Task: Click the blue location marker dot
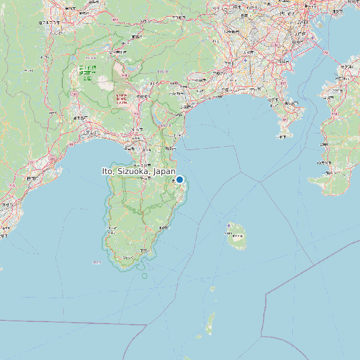(179, 179)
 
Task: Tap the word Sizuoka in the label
(132, 171)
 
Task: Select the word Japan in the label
(163, 171)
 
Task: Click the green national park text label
(87, 72)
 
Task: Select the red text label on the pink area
(121, 100)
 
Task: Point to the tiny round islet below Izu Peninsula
(144, 276)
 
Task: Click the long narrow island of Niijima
(212, 324)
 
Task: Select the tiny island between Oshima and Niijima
(213, 289)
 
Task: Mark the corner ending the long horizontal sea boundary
(146, 325)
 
